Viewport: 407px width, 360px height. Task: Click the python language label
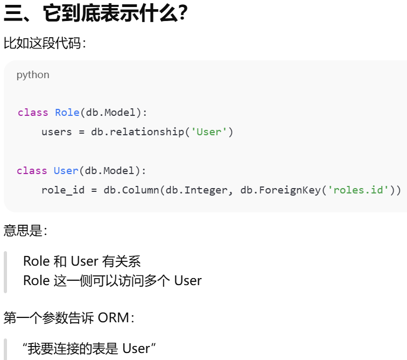coord(33,75)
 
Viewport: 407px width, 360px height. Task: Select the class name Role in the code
coord(67,113)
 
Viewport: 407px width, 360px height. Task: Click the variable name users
coord(57,131)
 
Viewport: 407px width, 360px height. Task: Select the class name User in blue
coord(66,171)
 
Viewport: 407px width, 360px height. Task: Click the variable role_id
coord(62,190)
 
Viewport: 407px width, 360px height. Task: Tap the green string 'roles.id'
coord(359,190)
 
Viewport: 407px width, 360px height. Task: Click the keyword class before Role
coord(33,113)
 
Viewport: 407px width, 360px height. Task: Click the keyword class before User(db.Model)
coord(32,171)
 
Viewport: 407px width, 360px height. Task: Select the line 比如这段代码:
coord(45,43)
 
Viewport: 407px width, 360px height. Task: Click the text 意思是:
coord(25,231)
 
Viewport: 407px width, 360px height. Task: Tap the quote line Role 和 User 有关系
coord(82,262)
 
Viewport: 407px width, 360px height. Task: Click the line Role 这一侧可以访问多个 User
coord(112,281)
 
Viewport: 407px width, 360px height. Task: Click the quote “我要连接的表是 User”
coord(89,348)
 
